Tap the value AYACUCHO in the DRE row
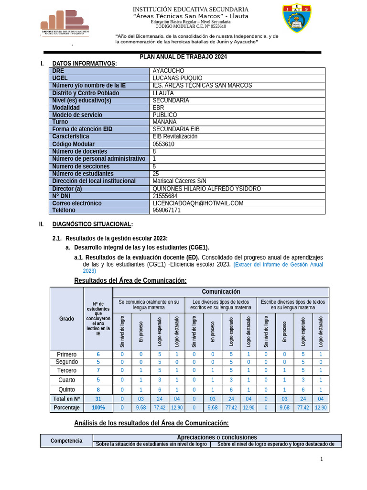[x=168, y=71]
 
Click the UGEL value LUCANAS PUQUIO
[x=177, y=78]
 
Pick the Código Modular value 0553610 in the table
[x=163, y=144]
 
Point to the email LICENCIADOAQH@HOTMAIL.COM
[x=198, y=203]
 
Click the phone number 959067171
[x=166, y=210]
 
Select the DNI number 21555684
[x=165, y=196]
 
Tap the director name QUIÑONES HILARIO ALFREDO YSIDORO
[x=206, y=189]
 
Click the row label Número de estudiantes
[x=83, y=174]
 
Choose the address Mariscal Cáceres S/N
[x=179, y=181]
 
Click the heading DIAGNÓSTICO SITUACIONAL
[x=92, y=224]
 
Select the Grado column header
[x=66, y=318]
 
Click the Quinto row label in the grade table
[x=66, y=389]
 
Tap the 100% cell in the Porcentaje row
[x=98, y=408]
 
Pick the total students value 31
[x=98, y=399]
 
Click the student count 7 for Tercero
[x=98, y=370]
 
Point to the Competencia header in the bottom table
[x=66, y=441]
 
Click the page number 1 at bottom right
[x=322, y=459]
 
